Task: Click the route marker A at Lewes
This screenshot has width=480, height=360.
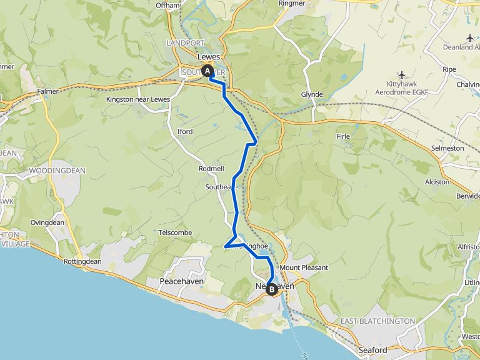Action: tap(207, 71)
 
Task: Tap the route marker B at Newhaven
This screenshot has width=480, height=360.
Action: tap(272, 289)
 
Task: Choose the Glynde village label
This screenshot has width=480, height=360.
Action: tap(312, 94)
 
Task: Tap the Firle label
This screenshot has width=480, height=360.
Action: tap(344, 136)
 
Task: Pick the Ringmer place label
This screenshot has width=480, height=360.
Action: tap(292, 3)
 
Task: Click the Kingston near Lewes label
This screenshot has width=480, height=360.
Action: tap(138, 99)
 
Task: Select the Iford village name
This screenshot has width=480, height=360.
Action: tap(185, 132)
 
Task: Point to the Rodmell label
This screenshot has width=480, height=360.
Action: tap(211, 169)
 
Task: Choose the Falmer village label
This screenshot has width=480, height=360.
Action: tap(47, 91)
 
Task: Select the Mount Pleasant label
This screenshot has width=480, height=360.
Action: tap(304, 267)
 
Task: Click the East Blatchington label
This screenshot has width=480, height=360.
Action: tap(377, 321)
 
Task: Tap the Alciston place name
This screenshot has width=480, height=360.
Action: tap(437, 182)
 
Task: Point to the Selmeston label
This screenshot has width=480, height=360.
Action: tap(447, 148)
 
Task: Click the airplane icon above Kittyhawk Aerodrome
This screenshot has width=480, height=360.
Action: tap(402, 75)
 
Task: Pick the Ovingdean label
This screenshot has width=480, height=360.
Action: tap(47, 222)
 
